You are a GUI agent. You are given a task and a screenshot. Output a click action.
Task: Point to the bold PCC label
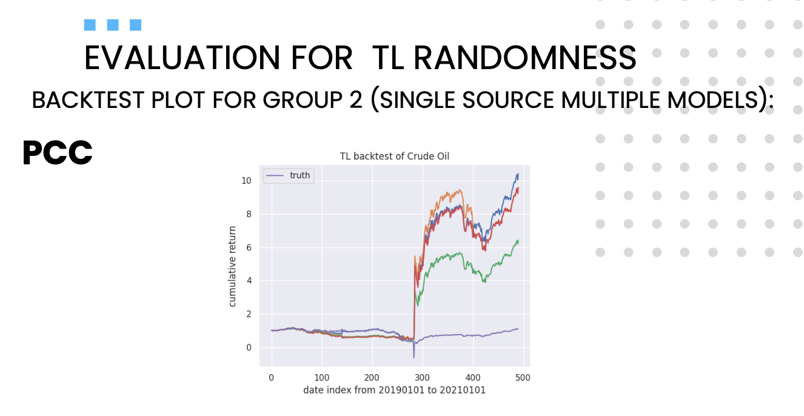point(57,153)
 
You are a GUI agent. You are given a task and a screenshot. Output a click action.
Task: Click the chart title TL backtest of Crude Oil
point(394,156)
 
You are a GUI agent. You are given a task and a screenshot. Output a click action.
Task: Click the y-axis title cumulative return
point(232,267)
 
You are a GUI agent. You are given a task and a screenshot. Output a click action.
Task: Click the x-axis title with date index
point(394,390)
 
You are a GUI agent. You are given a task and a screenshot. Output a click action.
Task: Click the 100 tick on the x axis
point(322,377)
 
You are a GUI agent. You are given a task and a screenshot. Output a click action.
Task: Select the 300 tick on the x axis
point(423,377)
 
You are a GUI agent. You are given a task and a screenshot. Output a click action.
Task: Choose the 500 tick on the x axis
point(523,377)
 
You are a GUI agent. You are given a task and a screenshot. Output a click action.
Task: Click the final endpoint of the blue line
point(518,175)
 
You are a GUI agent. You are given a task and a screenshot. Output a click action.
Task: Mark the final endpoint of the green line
point(518,241)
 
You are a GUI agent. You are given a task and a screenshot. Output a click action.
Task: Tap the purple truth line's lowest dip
point(414,358)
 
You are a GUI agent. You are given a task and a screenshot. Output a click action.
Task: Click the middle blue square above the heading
point(113,25)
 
